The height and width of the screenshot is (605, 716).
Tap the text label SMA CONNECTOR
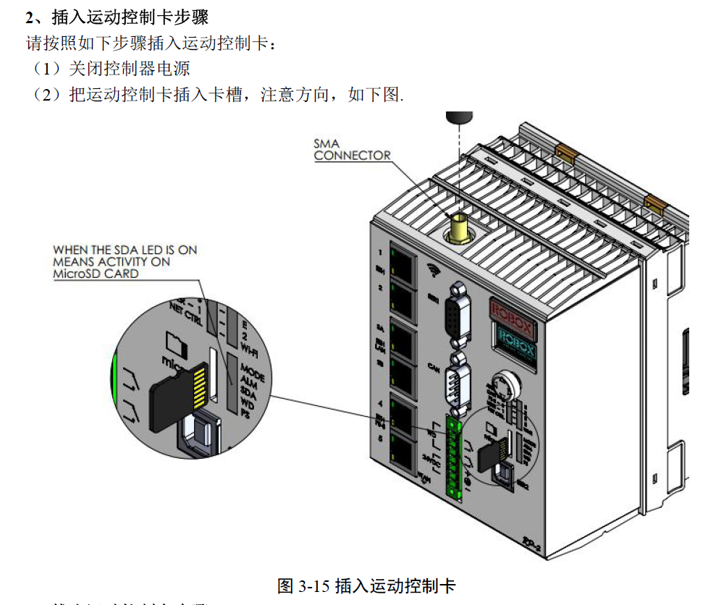[352, 149]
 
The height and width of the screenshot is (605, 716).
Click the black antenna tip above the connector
[459, 117]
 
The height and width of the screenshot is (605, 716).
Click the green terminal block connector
[455, 456]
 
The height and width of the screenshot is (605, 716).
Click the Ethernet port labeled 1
[403, 261]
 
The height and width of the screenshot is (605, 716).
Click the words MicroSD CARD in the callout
[96, 274]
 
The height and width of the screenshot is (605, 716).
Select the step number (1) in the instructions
[46, 69]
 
